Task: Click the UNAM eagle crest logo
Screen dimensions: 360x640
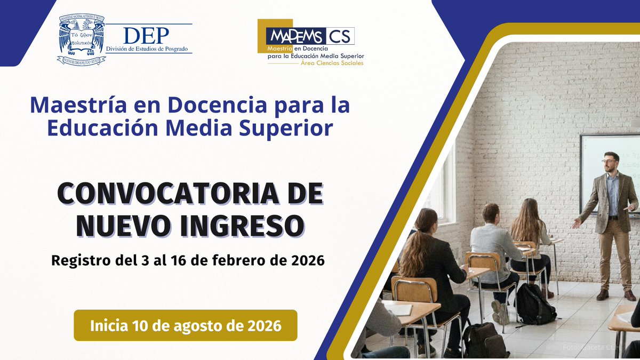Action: pyautogui.click(x=82, y=41)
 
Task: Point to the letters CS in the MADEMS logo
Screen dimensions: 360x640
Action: pyautogui.click(x=339, y=36)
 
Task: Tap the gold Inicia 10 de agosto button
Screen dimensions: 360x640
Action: pyautogui.click(x=185, y=325)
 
